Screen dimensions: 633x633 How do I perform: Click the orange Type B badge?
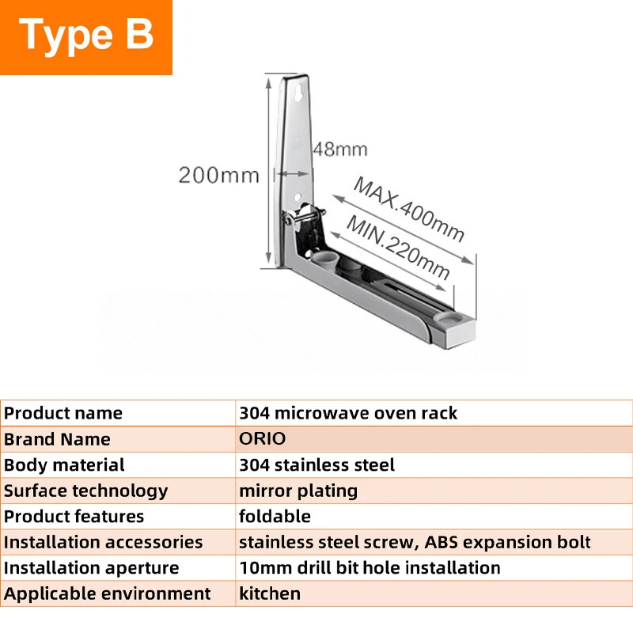pyautogui.click(x=86, y=37)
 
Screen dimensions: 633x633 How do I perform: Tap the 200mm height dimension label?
pyautogui.click(x=219, y=175)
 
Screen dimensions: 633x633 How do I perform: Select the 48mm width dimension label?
pyautogui.click(x=340, y=150)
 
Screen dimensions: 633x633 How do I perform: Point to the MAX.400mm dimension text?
pyautogui.click(x=408, y=210)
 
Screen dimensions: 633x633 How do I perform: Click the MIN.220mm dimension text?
pyautogui.click(x=398, y=247)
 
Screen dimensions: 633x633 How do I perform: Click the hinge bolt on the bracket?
pyautogui.click(x=305, y=214)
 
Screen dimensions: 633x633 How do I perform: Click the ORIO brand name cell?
pyautogui.click(x=263, y=439)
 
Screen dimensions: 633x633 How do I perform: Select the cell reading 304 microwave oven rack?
pyautogui.click(x=348, y=413)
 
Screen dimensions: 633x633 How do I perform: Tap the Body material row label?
pyautogui.click(x=64, y=464)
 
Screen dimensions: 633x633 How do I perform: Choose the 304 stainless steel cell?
pyautogui.click(x=317, y=464)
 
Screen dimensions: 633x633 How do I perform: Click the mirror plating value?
pyautogui.click(x=298, y=491)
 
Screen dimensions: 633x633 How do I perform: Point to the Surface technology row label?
pyautogui.click(x=86, y=491)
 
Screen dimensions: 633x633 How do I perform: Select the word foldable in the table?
pyautogui.click(x=275, y=517)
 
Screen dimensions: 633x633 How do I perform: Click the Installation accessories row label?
pyautogui.click(x=104, y=542)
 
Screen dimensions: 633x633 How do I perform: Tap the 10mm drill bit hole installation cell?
pyautogui.click(x=370, y=568)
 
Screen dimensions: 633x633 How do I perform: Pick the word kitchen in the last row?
pyautogui.click(x=270, y=594)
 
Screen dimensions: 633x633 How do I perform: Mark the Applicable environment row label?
pyautogui.click(x=108, y=594)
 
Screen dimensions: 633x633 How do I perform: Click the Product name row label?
pyautogui.click(x=63, y=413)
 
